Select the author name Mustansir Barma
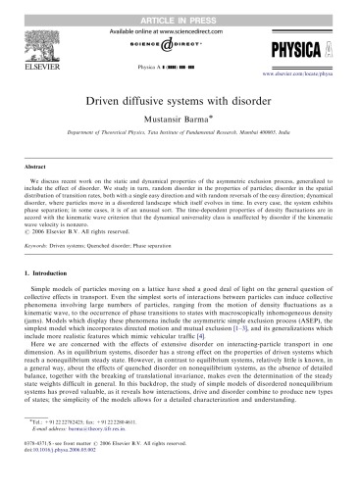[x=179, y=122]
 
